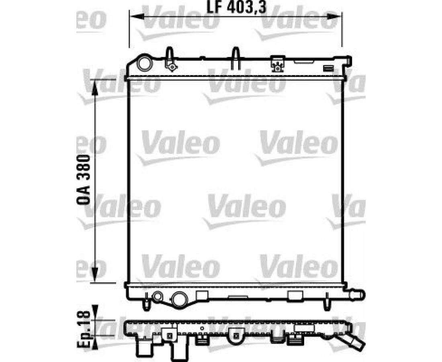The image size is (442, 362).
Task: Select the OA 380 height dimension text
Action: point(83,179)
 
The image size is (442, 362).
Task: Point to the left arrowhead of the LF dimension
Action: point(137,16)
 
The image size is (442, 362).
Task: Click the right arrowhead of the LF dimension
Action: point(335,16)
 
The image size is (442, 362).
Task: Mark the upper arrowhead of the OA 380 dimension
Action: point(95,86)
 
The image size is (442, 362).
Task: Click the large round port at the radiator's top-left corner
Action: point(144,64)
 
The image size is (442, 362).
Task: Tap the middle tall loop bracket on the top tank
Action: point(235,58)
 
